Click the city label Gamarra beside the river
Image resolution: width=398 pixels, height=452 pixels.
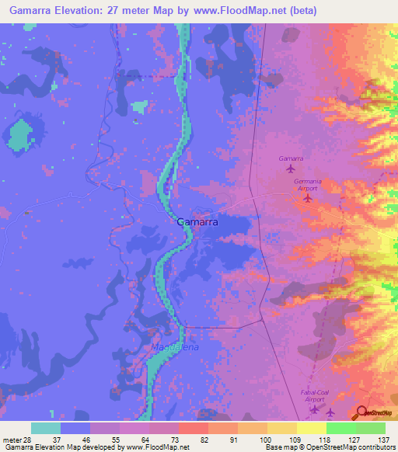(x=197, y=221)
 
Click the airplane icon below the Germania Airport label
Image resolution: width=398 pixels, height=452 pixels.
(x=307, y=197)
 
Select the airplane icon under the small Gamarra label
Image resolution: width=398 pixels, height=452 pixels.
(x=291, y=169)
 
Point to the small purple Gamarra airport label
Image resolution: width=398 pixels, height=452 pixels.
(x=291, y=158)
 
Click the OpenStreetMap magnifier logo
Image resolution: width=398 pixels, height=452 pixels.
(x=361, y=412)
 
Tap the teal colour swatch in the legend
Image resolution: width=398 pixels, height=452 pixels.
(x=46, y=428)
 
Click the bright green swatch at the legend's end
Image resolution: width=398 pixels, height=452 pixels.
(x=371, y=428)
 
